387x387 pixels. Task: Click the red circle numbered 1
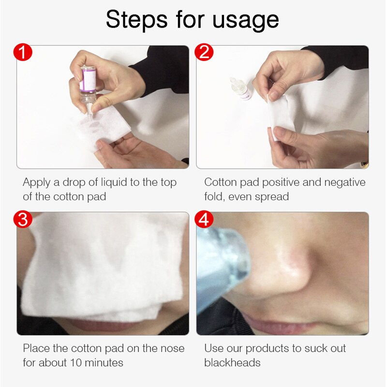23,52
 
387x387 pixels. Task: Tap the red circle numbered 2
204,52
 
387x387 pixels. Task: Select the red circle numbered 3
23,219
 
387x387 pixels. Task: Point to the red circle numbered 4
204,219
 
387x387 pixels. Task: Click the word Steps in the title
137,20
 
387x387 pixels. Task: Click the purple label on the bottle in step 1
88,79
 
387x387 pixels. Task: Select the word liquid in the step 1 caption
114,183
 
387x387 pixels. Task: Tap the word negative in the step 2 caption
345,183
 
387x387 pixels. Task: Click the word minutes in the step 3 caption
104,363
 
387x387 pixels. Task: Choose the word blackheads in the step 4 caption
232,363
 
